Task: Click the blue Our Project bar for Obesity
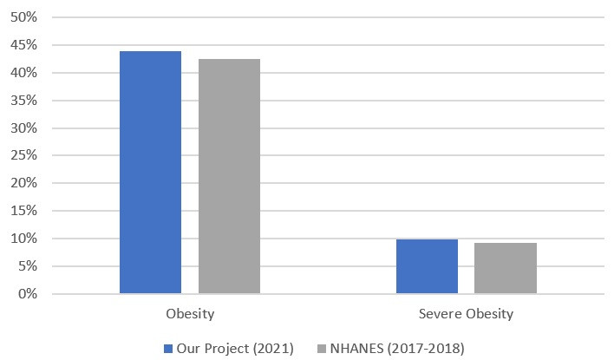150,173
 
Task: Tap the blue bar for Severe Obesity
427,266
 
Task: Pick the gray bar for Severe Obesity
506,268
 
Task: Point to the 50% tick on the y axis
24,17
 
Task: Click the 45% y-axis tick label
24,45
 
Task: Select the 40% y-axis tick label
24,73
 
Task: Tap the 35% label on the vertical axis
24,101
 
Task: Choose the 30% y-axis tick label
24,128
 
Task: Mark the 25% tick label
24,156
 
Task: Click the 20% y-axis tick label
24,183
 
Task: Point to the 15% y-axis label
24,211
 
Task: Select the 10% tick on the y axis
24,239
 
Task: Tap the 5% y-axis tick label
27,266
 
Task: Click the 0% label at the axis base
27,294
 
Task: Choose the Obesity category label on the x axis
190,313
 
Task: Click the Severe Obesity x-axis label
467,313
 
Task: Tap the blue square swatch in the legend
168,349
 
